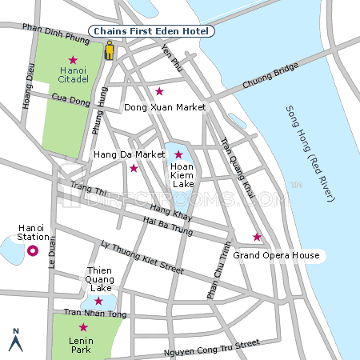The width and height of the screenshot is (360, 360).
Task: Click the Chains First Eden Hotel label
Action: coord(150,31)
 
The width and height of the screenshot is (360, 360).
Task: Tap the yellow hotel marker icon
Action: coord(110,51)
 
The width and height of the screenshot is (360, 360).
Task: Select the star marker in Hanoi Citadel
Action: coord(73,60)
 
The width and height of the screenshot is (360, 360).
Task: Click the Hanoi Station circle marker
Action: coord(33,251)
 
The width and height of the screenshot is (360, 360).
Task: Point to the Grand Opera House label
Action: coord(276,256)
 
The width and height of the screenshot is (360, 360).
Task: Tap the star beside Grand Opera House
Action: coord(257,237)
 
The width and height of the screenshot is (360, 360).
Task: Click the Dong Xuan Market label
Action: coord(165,107)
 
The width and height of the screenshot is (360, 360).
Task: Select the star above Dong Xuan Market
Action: coord(159,91)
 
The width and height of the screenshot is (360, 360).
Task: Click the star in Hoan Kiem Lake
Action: coord(178,154)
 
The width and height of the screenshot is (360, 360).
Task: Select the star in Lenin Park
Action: coord(82,327)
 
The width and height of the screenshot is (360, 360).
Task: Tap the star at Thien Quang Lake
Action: coord(98,301)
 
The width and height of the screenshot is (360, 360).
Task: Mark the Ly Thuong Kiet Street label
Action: coord(136,257)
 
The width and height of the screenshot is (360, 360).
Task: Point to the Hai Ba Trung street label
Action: coord(169,226)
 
